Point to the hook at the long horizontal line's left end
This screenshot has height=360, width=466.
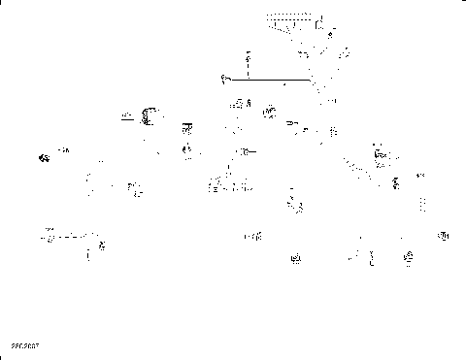tap(224, 78)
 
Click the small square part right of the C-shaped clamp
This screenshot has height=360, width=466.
tap(187, 127)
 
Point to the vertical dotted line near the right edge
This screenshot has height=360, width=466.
tap(421, 204)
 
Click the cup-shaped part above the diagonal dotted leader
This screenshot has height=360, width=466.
tap(382, 151)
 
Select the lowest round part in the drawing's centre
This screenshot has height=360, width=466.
tap(295, 257)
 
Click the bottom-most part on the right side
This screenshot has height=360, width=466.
tap(408, 257)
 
